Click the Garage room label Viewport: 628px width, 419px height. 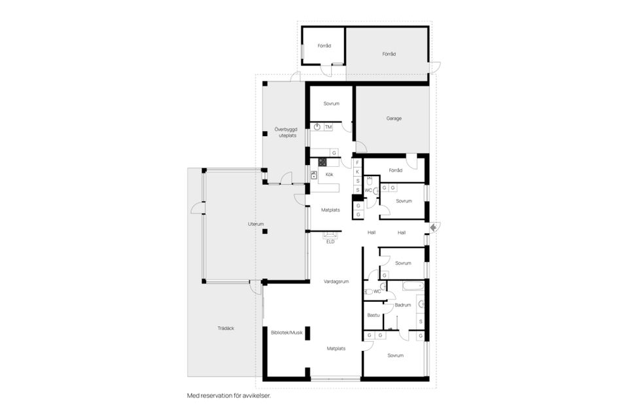pyautogui.click(x=393, y=118)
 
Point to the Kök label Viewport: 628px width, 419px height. pyautogui.click(x=330, y=175)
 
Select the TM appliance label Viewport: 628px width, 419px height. pyautogui.click(x=328, y=126)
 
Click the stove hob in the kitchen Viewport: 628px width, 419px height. pyautogui.click(x=322, y=163)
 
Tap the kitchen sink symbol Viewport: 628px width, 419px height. pyautogui.click(x=314, y=175)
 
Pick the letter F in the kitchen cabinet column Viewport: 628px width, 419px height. pyautogui.click(x=358, y=162)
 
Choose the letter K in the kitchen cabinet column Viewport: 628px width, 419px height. pyautogui.click(x=358, y=171)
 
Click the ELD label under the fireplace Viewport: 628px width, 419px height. pyautogui.click(x=330, y=242)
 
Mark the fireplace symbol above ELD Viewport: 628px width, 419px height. pyautogui.click(x=331, y=234)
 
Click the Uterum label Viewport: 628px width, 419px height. pyautogui.click(x=256, y=224)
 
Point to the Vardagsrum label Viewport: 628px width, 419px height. pyautogui.click(x=336, y=282)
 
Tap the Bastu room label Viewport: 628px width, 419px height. pyautogui.click(x=374, y=315)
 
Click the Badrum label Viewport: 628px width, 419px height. pyautogui.click(x=403, y=305)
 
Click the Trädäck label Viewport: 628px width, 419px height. pyautogui.click(x=226, y=328)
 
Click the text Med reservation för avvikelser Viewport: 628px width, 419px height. pyautogui.click(x=228, y=396)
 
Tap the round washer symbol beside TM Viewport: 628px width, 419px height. pyautogui.click(x=317, y=126)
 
